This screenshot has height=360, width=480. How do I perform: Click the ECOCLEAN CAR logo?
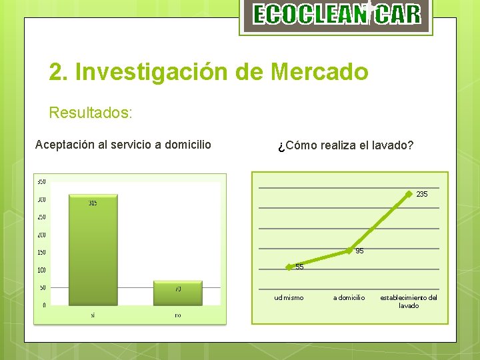(x=337, y=15)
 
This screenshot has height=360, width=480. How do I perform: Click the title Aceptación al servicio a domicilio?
(x=123, y=145)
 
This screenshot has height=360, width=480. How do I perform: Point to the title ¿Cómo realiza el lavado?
(x=345, y=145)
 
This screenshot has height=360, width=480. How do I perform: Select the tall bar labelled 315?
(x=93, y=249)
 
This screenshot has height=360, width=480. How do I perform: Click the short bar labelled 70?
(x=177, y=293)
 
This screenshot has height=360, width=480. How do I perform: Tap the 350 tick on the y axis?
(x=41, y=182)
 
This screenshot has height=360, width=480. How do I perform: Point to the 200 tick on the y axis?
(x=41, y=235)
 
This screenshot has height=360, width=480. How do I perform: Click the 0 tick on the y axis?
(x=44, y=305)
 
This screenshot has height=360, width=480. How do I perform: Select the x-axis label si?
(x=93, y=315)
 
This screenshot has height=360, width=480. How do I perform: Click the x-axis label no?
(x=177, y=315)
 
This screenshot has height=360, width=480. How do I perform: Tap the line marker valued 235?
(x=411, y=194)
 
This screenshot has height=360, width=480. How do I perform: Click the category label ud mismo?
(x=289, y=298)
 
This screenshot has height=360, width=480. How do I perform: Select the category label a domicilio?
(x=349, y=298)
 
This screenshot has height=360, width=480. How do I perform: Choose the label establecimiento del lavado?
(x=409, y=301)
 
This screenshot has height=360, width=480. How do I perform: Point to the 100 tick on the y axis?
(x=41, y=270)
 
